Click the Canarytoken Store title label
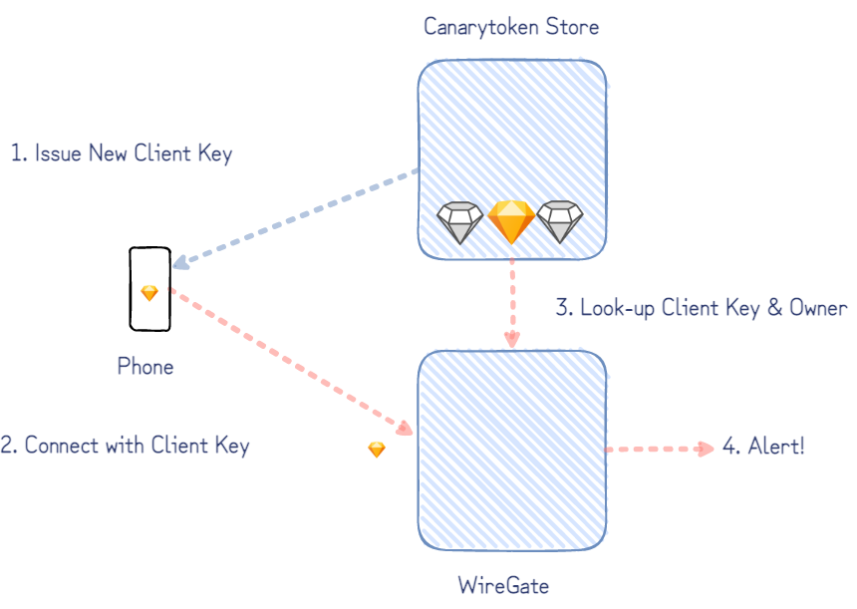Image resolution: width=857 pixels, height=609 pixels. coord(511,27)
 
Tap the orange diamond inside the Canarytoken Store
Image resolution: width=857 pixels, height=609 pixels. coord(511,221)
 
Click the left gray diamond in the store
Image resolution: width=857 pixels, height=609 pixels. coord(459,222)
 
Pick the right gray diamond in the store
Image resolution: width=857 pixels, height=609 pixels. coord(560,222)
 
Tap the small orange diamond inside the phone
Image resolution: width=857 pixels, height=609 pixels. coord(149,293)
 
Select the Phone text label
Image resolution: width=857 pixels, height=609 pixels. coord(145,367)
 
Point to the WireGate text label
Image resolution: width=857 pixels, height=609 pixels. coord(503,585)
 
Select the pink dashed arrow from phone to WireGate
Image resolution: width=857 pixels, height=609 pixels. coord(289,360)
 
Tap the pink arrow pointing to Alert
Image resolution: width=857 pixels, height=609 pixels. coord(658,450)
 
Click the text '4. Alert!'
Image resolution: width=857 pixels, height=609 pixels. coord(762,446)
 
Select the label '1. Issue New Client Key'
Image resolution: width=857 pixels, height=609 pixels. coord(122,153)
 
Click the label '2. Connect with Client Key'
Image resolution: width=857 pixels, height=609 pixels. coord(126,446)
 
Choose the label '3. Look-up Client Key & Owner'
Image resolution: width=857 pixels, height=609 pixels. coord(701,308)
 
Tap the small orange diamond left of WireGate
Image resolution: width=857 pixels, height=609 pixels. coord(377,450)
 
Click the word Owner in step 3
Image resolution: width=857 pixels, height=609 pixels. coord(818,308)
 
